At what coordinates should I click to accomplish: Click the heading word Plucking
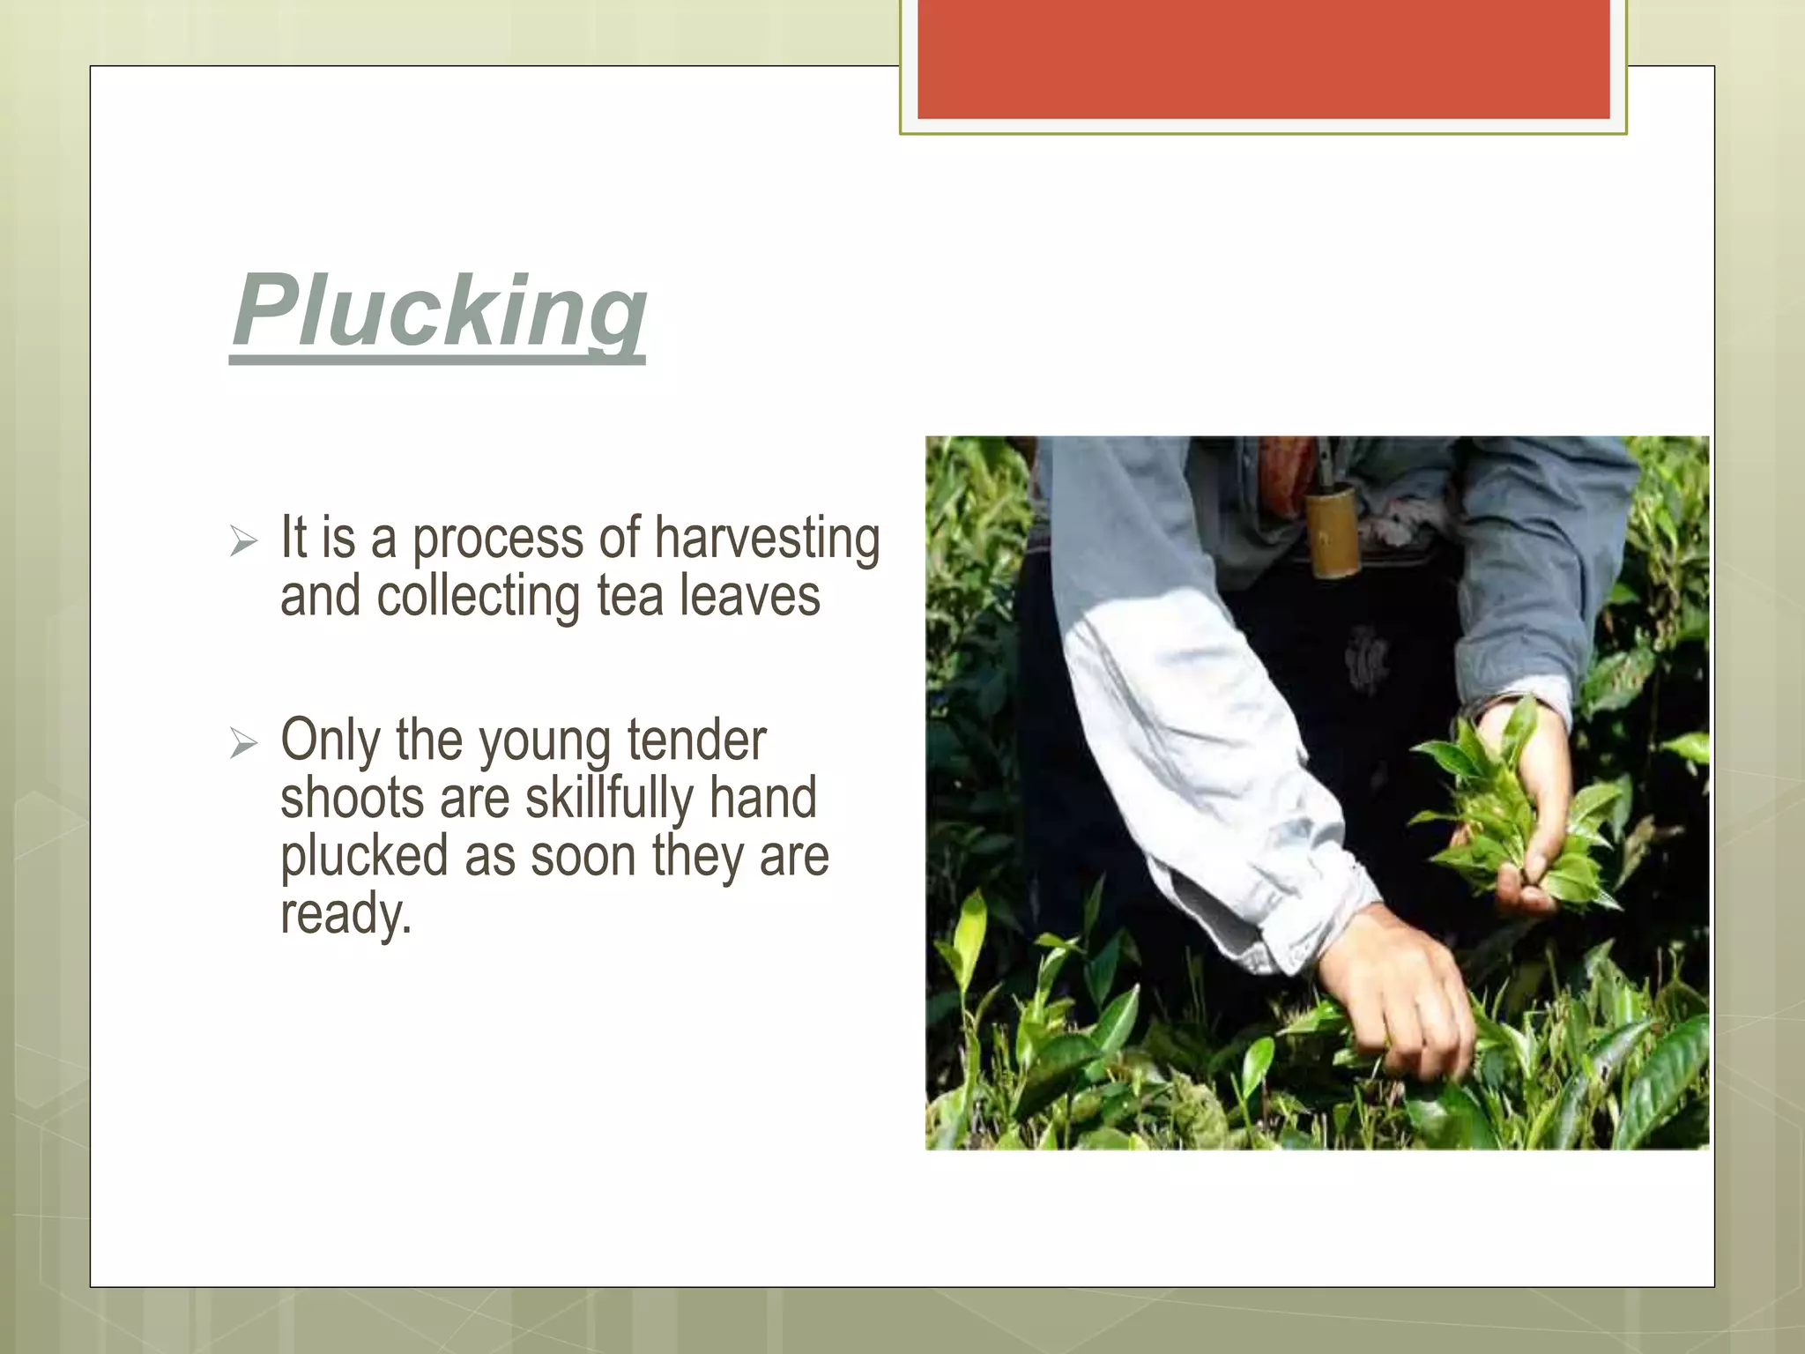pos(439,312)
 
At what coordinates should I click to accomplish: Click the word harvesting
pos(767,539)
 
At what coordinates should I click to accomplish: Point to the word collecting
pos(478,597)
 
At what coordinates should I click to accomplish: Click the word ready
pos(345,915)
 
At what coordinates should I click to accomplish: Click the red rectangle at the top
pos(1263,59)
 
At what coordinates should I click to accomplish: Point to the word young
pos(544,743)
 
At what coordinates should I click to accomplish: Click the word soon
pos(583,857)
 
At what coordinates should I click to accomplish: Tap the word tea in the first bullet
pos(629,597)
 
